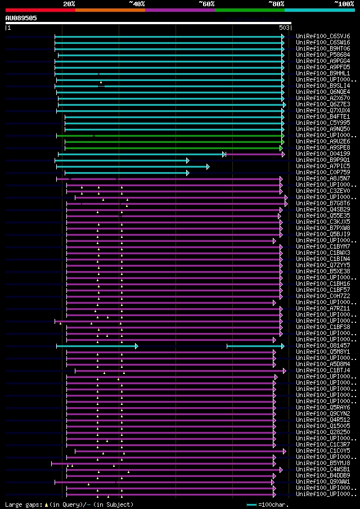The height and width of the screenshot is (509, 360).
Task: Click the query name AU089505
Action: tap(21, 18)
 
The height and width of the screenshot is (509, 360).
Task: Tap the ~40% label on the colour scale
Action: tap(137, 3)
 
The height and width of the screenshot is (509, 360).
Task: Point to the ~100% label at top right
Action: tap(344, 3)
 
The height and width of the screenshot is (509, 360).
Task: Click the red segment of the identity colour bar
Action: tap(40, 10)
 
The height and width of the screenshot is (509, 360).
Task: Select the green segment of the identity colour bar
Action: tap(249, 10)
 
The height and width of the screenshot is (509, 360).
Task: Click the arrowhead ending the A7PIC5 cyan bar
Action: tap(208, 166)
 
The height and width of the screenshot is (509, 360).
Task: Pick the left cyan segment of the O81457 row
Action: tap(96, 346)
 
